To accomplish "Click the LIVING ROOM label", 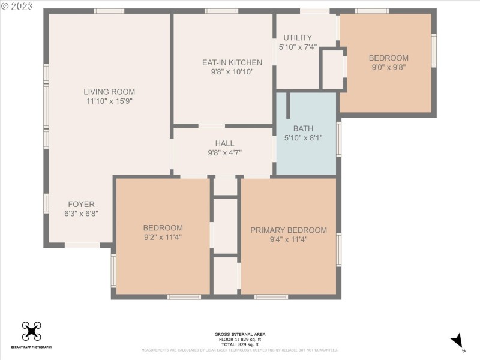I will tap(109, 92).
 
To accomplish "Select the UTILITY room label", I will tap(298, 37).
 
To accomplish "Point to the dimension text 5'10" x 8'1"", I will tap(303, 138).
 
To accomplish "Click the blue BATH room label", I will tap(303, 128).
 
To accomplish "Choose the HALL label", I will tap(224, 143).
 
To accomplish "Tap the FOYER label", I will tap(81, 204).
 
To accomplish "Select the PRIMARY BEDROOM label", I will tap(289, 230).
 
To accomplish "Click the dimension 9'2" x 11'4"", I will tap(163, 237).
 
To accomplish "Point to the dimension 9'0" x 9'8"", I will tap(388, 67).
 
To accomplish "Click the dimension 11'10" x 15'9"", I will tap(109, 101).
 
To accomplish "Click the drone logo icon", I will tap(31, 331).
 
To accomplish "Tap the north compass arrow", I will tap(458, 341).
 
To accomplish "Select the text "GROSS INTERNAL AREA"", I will tap(240, 334).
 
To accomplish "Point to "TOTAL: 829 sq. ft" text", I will tap(240, 344).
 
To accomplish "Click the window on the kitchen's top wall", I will tap(221, 11).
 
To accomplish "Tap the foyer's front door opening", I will tap(82, 245).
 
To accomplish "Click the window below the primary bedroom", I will tap(271, 297).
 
